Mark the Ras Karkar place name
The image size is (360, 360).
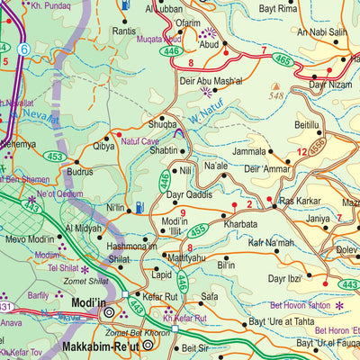301,201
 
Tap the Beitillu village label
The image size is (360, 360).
307,128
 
